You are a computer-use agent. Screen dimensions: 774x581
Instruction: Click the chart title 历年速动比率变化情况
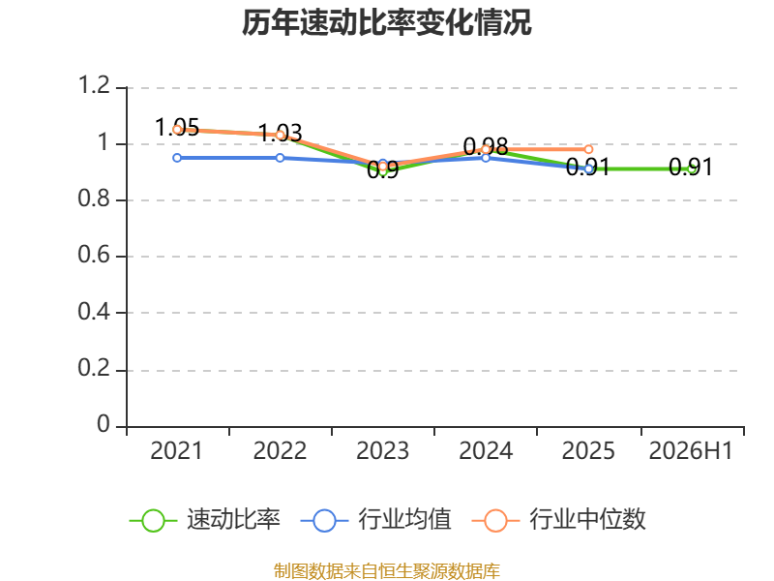386,22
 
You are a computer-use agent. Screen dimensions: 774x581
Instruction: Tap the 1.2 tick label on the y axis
94,85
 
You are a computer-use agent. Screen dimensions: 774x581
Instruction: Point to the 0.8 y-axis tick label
94,199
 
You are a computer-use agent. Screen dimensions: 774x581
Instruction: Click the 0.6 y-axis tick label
94,255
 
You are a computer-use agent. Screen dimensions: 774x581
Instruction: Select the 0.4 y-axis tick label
94,312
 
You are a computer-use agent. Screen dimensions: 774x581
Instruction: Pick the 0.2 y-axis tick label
94,368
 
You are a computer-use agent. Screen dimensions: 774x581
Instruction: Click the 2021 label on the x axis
177,451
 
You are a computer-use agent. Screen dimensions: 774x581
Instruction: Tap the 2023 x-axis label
382,451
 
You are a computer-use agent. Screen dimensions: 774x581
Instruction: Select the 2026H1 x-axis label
691,451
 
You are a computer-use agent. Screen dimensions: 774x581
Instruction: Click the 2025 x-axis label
588,451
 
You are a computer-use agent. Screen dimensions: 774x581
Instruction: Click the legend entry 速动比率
205,520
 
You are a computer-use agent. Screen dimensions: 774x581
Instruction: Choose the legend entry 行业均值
375,520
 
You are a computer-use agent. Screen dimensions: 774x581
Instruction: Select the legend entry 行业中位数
559,520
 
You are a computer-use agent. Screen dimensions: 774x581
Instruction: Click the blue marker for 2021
177,158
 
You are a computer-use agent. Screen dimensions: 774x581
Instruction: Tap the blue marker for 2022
280,158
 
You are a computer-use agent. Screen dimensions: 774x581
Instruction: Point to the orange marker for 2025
588,149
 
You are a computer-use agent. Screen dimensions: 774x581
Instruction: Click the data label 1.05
177,128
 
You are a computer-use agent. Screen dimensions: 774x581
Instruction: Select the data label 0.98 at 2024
486,147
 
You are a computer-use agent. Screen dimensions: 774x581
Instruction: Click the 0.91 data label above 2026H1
691,168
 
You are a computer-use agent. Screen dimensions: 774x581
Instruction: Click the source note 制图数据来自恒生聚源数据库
387,571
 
